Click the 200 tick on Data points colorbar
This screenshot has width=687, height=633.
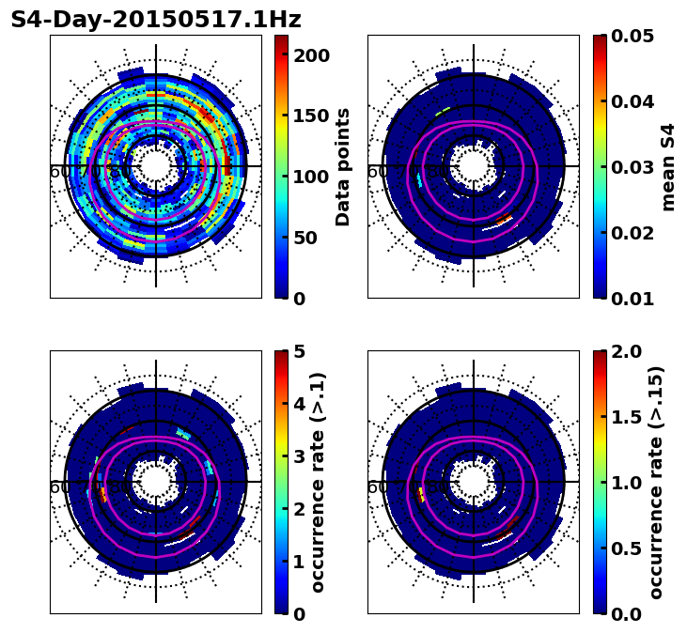tap(311, 55)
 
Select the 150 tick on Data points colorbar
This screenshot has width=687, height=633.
tap(311, 116)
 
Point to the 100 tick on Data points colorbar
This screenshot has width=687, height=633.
tap(311, 177)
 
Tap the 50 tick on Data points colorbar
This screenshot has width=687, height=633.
tap(311, 238)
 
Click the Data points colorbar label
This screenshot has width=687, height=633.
tap(343, 166)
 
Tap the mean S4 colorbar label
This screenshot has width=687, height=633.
tap(668, 166)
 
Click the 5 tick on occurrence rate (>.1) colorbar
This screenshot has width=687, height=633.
tap(298, 351)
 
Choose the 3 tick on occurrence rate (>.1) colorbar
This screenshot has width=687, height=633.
tap(298, 456)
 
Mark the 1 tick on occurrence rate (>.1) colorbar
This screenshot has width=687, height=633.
tap(298, 562)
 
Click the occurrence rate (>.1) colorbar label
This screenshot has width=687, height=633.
tap(319, 482)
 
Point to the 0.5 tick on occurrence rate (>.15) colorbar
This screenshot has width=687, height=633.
tap(626, 548)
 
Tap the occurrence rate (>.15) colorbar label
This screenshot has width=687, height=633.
tap(657, 482)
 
